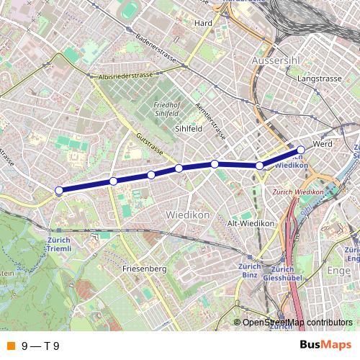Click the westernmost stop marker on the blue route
pyautogui.click(x=59, y=191)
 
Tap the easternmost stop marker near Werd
pyautogui.click(x=301, y=150)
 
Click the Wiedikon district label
pyautogui.click(x=187, y=215)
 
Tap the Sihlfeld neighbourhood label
pyautogui.click(x=190, y=129)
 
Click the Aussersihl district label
pyautogui.click(x=274, y=61)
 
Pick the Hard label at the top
pyautogui.click(x=203, y=22)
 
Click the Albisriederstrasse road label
pyautogui.click(x=122, y=75)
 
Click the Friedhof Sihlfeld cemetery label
pyautogui.click(x=166, y=109)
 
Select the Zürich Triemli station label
pyautogui.click(x=59, y=243)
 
